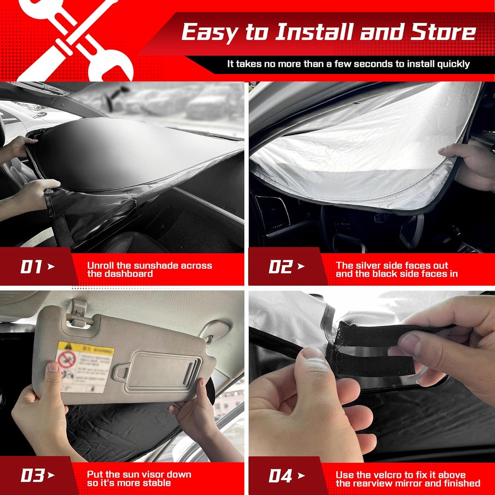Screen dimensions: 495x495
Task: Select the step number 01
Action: click(x=31, y=267)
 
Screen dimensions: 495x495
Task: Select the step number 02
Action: click(x=280, y=267)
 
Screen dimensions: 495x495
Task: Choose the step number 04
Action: click(x=280, y=476)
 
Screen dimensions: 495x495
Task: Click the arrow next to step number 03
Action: click(x=51, y=475)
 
